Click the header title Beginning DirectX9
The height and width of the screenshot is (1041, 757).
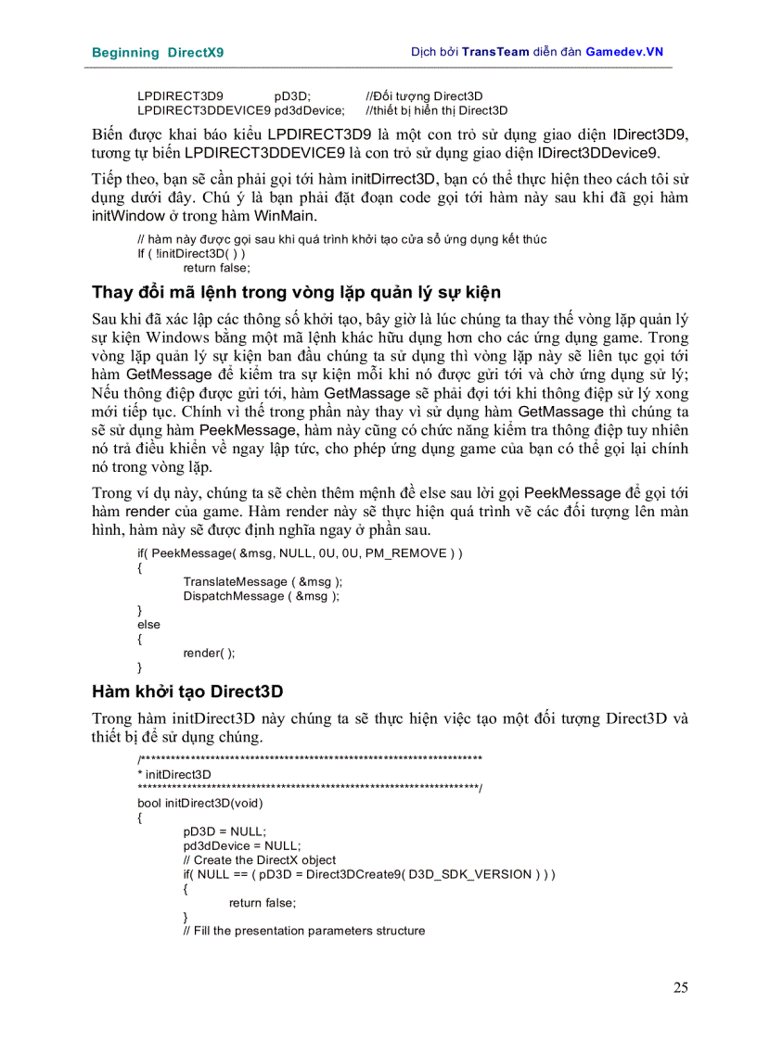(157, 53)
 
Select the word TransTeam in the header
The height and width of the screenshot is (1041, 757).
(497, 52)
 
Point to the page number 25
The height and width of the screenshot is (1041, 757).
(680, 988)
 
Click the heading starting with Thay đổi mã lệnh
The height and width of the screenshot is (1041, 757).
(296, 293)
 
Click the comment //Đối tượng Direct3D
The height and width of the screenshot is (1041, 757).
(424, 96)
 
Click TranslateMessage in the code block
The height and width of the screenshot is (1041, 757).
(237, 582)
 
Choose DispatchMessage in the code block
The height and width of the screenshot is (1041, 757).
(236, 596)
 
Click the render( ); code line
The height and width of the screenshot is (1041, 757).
(209, 653)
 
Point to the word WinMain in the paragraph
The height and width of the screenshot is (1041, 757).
(288, 216)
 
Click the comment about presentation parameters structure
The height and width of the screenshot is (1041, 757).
(303, 931)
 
